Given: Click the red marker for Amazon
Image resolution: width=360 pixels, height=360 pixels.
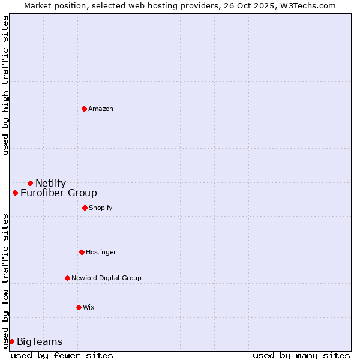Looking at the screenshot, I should pos(84,109).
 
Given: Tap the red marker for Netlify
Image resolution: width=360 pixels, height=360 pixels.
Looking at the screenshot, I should pos(30,183).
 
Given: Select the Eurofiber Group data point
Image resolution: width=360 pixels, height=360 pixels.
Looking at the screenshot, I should pos(15,193).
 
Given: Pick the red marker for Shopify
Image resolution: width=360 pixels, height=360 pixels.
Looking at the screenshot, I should pos(85,208).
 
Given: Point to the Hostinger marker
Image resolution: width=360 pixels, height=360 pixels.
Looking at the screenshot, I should pos(82,252).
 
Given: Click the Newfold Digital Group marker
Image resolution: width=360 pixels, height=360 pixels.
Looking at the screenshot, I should pos(67,278).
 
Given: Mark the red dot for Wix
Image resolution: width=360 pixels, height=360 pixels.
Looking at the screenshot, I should pos(79,307).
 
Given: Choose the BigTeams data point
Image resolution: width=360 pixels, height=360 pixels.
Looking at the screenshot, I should pos(11,341).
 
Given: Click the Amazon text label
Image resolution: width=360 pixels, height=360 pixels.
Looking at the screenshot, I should pos(101,109).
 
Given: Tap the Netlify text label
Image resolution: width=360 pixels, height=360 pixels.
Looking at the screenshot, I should pos(50,184).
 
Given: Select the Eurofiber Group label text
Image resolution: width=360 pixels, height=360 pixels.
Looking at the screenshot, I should pos(59,193).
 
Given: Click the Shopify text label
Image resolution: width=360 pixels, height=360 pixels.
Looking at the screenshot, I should pos(101,208).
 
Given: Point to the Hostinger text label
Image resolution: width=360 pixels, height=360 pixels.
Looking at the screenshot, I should pos(101,253).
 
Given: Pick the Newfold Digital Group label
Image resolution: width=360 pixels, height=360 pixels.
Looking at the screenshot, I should pos(106,278).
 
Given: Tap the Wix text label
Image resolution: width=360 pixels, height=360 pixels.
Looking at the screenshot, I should pos(89,308).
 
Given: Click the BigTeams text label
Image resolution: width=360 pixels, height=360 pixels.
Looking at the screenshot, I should pos(40,342).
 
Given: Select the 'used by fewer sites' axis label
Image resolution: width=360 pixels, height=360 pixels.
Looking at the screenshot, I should pos(62,355).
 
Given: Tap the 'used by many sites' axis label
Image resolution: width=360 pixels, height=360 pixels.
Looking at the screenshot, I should pos(301,355).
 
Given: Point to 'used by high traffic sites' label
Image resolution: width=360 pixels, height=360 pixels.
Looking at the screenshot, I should pos(5,85).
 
